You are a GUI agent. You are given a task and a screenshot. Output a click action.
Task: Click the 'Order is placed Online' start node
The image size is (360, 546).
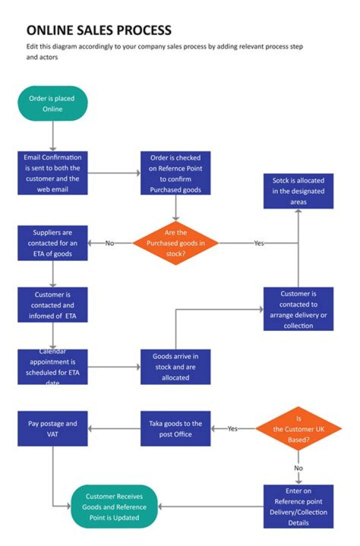click(x=52, y=104)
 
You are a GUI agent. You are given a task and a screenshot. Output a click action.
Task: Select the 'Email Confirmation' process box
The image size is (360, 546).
click(x=52, y=173)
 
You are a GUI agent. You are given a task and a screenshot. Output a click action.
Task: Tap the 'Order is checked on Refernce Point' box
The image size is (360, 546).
click(x=175, y=173)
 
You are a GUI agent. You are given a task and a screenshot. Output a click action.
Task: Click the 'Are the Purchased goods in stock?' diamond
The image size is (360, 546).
click(x=175, y=243)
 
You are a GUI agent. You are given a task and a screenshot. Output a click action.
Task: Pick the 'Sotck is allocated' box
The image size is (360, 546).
click(x=298, y=191)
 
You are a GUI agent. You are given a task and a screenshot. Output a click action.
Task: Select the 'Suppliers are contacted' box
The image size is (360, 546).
click(x=52, y=243)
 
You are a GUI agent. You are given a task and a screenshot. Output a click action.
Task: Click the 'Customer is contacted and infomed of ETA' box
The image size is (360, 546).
click(x=52, y=305)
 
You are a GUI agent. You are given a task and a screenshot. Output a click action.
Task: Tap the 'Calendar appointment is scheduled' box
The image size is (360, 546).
click(x=52, y=367)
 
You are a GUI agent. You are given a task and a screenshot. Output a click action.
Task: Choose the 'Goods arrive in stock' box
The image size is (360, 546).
click(x=175, y=367)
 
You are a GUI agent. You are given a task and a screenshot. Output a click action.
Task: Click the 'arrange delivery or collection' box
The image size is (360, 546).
click(x=298, y=309)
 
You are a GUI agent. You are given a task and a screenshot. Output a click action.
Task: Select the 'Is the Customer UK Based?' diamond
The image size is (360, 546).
click(x=298, y=428)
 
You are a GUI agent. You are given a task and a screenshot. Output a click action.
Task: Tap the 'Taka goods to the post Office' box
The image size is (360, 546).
click(x=175, y=428)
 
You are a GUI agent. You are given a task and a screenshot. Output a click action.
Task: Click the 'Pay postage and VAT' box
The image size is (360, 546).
click(x=52, y=428)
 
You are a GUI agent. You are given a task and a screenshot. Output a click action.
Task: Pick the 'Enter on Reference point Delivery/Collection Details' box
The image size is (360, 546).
click(x=298, y=506)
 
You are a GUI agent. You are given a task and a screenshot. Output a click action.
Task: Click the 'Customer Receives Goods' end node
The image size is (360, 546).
click(x=114, y=506)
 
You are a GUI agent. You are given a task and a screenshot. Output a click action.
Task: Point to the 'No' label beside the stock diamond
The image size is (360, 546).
click(x=110, y=243)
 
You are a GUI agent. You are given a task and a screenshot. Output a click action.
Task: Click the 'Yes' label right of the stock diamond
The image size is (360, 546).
click(x=258, y=243)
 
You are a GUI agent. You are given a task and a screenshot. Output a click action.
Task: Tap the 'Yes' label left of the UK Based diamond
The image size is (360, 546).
click(x=232, y=428)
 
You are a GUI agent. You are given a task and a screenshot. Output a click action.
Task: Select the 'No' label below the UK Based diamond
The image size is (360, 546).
click(x=298, y=468)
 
